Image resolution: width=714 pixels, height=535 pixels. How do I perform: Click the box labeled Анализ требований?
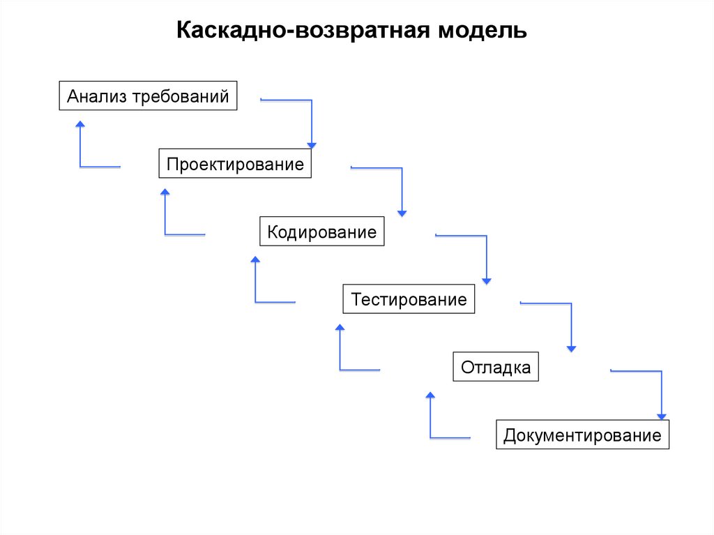pos(148,96)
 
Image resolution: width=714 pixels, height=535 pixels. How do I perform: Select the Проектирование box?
pos(235,164)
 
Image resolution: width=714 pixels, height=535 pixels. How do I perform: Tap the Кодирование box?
pos(321,232)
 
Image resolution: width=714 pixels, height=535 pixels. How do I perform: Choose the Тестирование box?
pos(409,299)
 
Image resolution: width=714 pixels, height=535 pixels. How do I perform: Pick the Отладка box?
pos(496,367)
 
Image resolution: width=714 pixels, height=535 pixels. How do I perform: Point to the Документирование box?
pos(582,435)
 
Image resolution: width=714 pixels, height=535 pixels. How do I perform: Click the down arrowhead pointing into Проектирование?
pos(312,145)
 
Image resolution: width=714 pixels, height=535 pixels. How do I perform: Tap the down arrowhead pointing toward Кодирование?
pos(402,213)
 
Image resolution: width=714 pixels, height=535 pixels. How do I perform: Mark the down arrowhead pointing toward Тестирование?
pos(487,280)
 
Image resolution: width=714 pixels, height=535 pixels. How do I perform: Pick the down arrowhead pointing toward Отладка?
pos(572,348)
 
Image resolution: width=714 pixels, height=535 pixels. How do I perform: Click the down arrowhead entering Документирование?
pos(662,416)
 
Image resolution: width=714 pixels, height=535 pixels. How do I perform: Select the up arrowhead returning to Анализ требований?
pos(80,124)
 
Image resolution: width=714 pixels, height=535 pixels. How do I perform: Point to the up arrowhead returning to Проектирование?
pos(165,192)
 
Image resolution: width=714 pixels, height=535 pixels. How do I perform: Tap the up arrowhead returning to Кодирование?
pos(255,259)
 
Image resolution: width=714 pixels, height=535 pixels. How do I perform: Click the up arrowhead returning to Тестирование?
pos(340,327)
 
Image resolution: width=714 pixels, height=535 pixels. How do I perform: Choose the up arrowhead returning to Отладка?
pos(430,395)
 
